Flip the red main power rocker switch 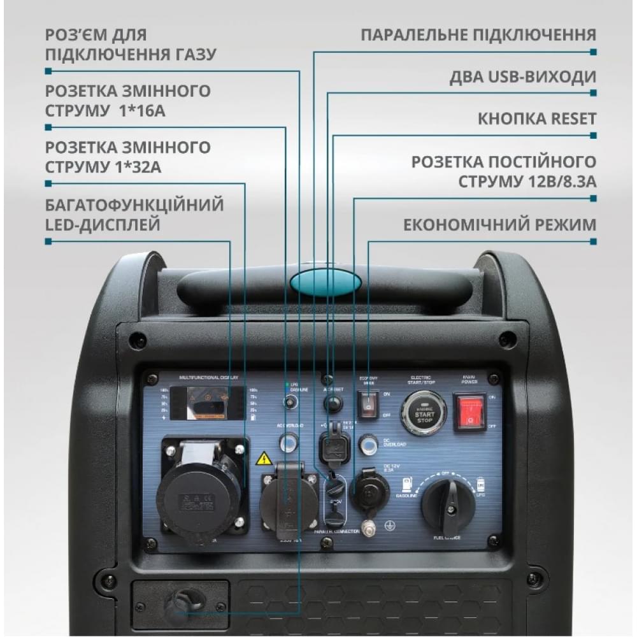click(470, 412)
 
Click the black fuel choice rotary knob click(448, 506)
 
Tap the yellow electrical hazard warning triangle click(264, 459)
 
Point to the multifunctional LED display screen click(207, 404)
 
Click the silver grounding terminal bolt click(367, 527)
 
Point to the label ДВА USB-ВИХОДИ click(522, 77)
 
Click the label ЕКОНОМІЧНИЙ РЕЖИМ click(499, 225)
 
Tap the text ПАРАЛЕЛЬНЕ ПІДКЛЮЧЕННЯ click(478, 34)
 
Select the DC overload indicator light click(368, 444)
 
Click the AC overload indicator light click(289, 441)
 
